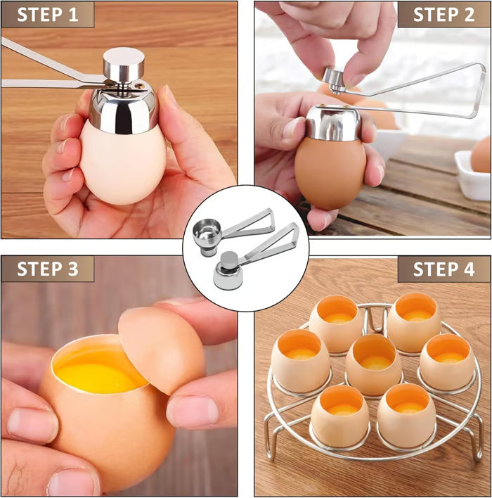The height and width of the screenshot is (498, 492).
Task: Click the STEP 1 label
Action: coord(48,15)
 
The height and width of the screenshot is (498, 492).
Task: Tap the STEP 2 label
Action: coord(444,15)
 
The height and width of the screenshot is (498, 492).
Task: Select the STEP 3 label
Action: coord(48,269)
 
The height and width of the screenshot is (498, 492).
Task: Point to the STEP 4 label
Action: coord(444,269)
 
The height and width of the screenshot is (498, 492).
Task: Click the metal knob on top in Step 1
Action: coord(124,64)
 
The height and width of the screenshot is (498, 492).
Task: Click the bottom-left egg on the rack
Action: coord(339,415)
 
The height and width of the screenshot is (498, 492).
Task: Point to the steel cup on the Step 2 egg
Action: coord(333,122)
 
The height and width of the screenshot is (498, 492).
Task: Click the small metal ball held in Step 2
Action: coord(334,77)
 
